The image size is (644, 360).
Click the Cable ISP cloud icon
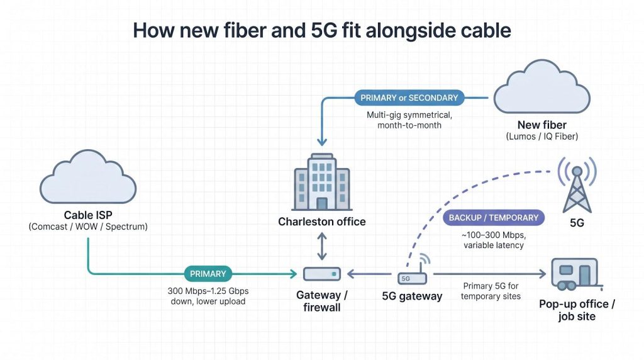point(88,177)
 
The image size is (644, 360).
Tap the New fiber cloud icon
point(541,87)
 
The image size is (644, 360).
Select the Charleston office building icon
point(322,182)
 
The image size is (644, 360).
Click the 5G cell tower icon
point(577,185)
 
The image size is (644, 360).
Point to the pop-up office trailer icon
point(576,274)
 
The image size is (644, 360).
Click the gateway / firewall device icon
point(322,274)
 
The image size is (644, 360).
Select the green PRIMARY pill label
point(208,274)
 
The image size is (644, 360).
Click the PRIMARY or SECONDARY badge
point(409,98)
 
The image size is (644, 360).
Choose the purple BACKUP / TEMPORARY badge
point(493,218)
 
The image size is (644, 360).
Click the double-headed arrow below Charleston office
point(322,247)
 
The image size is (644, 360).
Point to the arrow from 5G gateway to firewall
point(369,274)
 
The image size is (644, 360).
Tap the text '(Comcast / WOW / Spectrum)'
point(88,227)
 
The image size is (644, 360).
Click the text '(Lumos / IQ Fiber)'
point(541,137)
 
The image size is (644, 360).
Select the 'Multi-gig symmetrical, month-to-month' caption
point(409,120)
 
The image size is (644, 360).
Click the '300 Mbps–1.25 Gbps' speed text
point(208,291)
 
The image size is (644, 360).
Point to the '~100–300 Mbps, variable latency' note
point(494,240)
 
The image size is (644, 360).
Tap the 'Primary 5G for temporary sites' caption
point(491,291)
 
